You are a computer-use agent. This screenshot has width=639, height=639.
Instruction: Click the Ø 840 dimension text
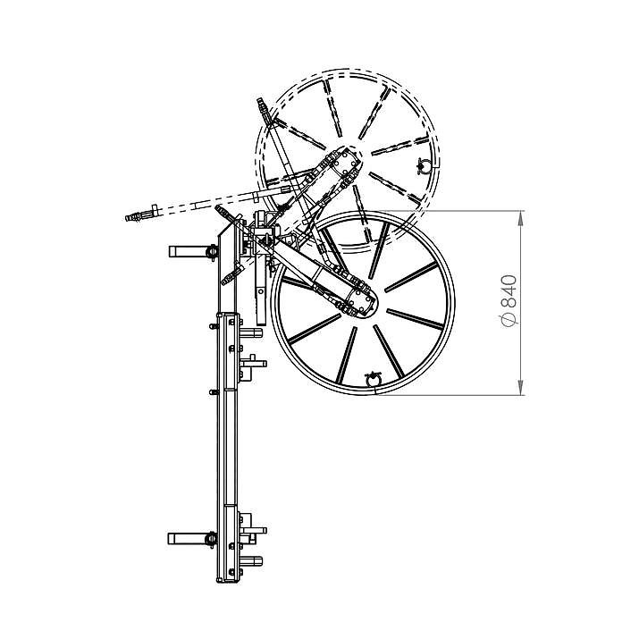tap(509, 301)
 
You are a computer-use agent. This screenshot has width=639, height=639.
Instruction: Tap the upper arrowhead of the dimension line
tap(520, 218)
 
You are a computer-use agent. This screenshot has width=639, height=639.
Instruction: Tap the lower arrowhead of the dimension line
tap(520, 388)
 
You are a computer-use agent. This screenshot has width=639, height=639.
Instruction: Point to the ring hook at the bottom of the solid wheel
tap(373, 380)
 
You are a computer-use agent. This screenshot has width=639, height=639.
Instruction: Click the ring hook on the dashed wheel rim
tap(424, 167)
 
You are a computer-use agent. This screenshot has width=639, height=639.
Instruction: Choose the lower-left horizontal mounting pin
tap(192, 538)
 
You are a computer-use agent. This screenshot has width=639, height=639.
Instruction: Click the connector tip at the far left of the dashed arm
tap(132, 217)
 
